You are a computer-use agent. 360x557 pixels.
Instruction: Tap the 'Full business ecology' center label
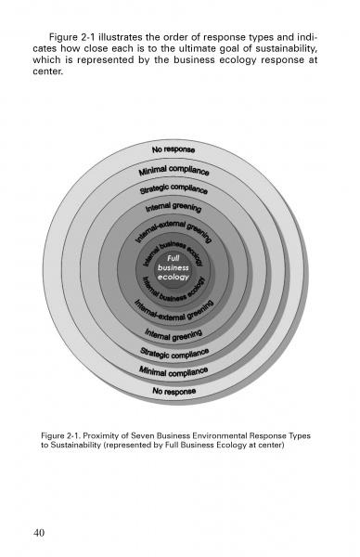173,267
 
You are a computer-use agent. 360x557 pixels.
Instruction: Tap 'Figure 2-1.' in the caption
67,434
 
